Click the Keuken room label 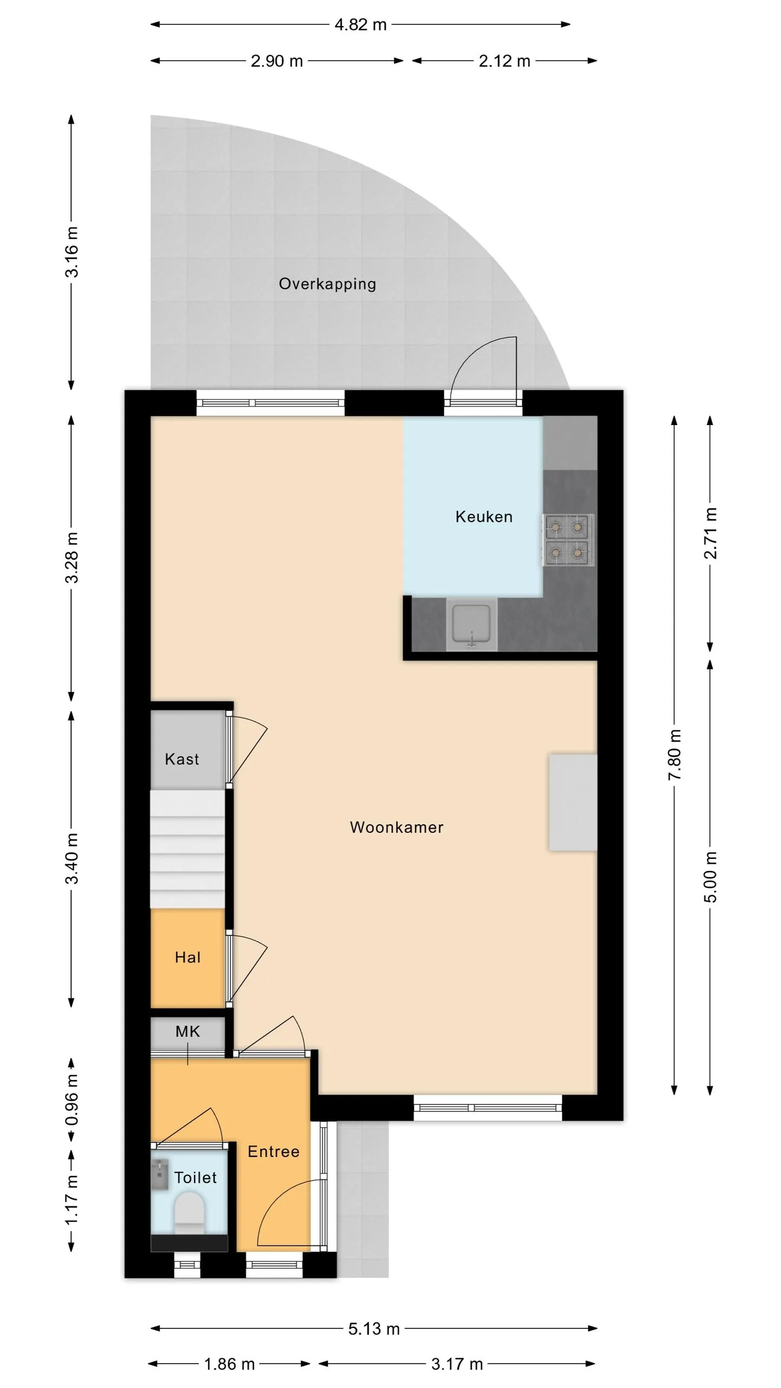point(484,517)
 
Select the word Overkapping point(327,284)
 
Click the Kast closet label point(182,759)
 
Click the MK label point(188,1031)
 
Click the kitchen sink point(472,625)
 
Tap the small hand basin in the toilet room point(159,1174)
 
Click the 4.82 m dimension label point(360,24)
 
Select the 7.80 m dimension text point(674,755)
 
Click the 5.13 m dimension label point(374,1328)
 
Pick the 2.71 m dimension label point(710,534)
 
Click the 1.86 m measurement point(229,1364)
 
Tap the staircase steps point(188,849)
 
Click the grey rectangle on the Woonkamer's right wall point(573,802)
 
